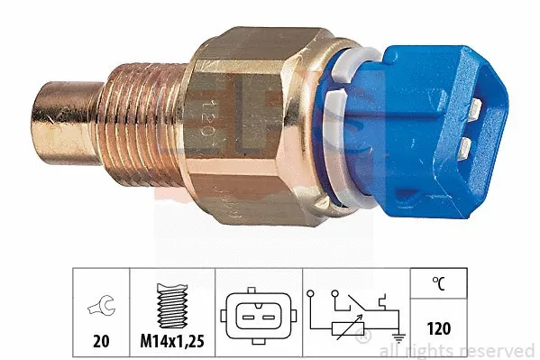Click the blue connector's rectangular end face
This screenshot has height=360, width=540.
(x=477, y=125)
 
